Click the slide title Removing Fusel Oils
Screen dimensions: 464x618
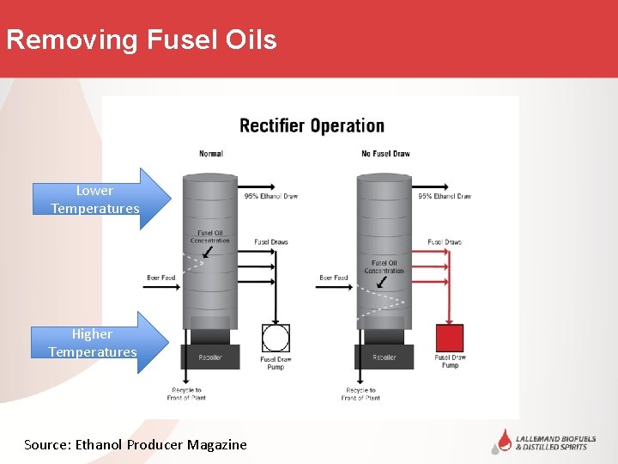coord(142,40)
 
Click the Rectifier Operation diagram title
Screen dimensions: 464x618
coord(312,125)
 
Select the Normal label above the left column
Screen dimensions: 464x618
coord(211,154)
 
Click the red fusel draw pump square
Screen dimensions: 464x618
coord(450,338)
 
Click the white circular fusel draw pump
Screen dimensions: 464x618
coord(276,339)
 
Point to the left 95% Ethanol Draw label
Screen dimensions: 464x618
coord(271,196)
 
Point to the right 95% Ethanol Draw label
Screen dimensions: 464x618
coord(445,196)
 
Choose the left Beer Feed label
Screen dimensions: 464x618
coord(161,278)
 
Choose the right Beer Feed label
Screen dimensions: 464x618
coord(334,278)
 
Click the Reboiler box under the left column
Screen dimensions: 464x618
coord(210,357)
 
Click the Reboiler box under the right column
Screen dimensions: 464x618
coord(384,357)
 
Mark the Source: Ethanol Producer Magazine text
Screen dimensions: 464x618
coord(136,444)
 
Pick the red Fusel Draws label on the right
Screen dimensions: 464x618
coord(445,242)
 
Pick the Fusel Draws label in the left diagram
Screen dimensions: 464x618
coord(272,242)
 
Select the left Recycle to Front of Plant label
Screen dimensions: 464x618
coord(186,394)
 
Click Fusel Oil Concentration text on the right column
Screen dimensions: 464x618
coord(384,266)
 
